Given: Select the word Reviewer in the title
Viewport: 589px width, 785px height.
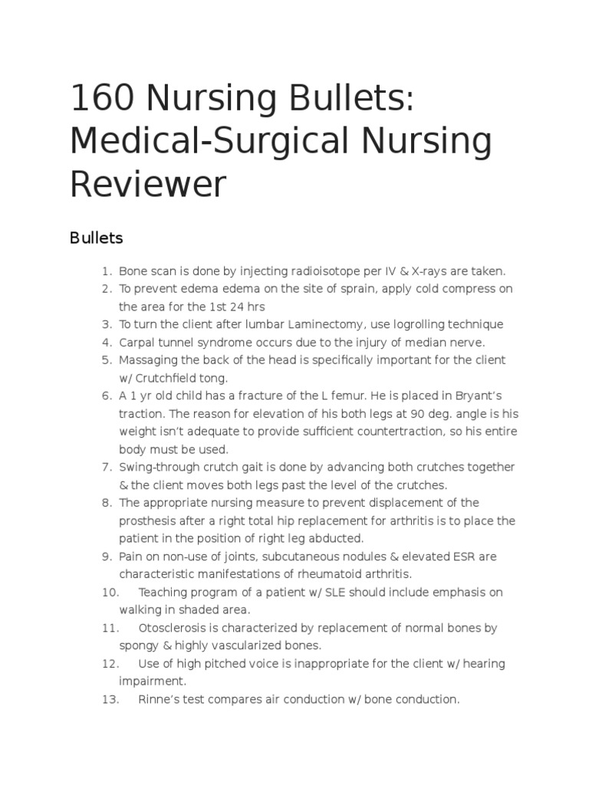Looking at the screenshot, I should (149, 184).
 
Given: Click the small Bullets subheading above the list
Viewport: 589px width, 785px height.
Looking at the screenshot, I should (96, 238).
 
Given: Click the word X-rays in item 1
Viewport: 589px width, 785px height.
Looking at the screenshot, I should (432, 271).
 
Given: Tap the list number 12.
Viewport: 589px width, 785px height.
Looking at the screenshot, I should (110, 663).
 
